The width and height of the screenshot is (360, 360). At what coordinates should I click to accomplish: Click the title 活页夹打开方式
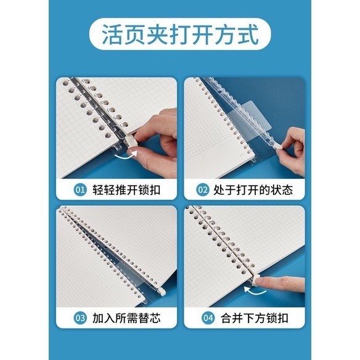(x=180, y=35)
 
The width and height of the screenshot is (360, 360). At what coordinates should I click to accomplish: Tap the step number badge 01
(x=80, y=190)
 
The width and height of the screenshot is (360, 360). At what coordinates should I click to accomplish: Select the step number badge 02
(x=202, y=190)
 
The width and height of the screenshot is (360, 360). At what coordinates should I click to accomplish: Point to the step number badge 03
(x=80, y=318)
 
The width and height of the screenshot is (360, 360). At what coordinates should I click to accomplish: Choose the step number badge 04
(x=208, y=318)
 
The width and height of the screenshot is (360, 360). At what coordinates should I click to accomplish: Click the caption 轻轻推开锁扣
(x=126, y=190)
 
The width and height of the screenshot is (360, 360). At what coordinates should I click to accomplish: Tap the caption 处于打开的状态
(x=253, y=190)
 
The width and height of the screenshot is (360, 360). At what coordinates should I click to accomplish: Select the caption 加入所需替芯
(x=126, y=318)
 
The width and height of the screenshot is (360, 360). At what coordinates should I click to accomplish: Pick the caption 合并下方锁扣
(x=255, y=318)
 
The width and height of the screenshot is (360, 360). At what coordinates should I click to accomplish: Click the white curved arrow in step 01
(x=126, y=155)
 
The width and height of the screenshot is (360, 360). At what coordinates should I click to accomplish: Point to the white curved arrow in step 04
(x=255, y=290)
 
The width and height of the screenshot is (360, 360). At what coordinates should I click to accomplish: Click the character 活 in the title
(x=112, y=35)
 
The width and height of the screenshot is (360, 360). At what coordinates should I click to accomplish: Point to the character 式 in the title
(x=248, y=35)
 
